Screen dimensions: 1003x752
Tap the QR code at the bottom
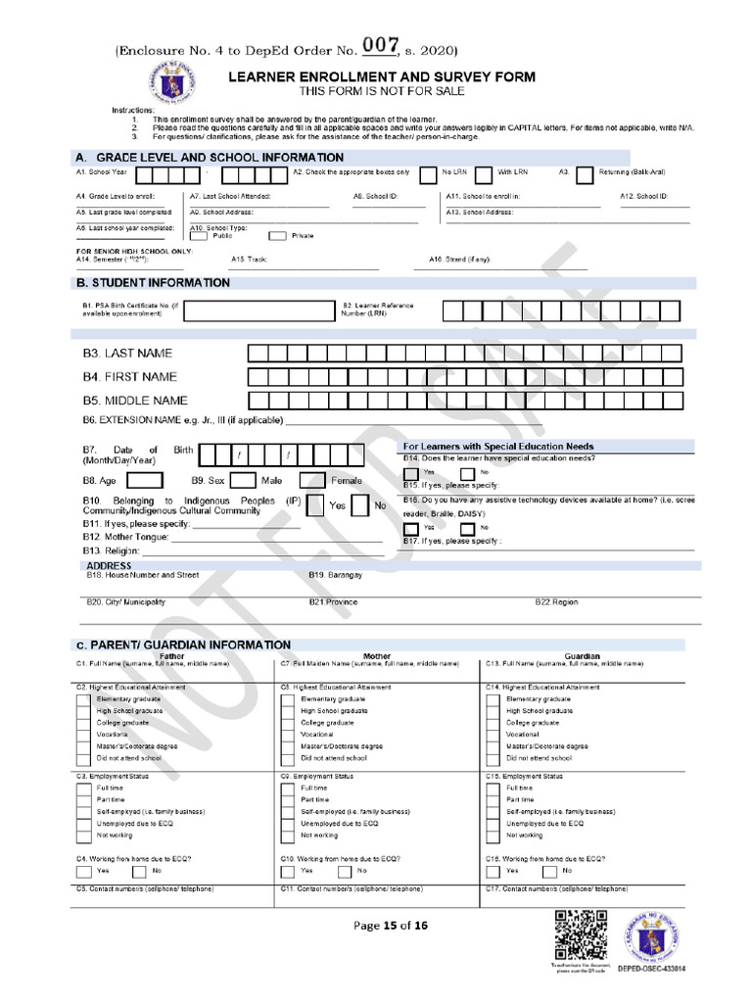point(576,935)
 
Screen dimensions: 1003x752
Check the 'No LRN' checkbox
point(428,175)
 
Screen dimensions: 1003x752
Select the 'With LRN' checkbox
point(484,175)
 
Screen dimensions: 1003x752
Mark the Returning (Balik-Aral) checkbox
point(585,175)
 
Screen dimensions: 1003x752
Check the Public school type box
point(198,235)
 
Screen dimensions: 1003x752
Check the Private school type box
point(277,235)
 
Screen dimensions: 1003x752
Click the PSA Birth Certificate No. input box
point(254,310)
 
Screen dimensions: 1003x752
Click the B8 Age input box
point(145,481)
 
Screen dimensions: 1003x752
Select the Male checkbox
point(243,481)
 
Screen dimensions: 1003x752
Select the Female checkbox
point(312,481)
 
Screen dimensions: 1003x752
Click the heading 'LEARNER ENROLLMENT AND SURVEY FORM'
point(382,76)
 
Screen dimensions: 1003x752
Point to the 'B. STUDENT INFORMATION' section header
point(153,283)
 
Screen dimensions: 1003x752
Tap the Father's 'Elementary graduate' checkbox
point(83,699)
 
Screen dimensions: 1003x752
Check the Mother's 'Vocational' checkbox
point(288,734)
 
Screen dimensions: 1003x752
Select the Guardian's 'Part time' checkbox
point(493,800)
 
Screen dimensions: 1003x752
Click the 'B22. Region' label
point(556,601)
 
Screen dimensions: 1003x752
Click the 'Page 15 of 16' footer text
point(391,926)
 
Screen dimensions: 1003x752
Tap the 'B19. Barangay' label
point(335,574)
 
